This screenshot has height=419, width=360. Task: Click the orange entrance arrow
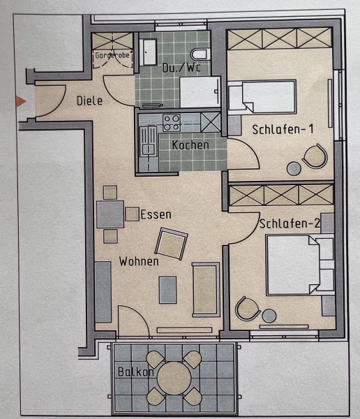21,101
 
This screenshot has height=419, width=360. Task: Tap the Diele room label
89,101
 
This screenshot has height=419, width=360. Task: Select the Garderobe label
112,55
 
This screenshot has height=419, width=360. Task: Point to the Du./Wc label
181,67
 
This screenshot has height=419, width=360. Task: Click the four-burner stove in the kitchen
172,123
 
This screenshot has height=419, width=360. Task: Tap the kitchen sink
149,141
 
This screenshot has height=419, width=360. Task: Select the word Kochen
190,145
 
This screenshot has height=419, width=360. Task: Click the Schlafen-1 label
283,129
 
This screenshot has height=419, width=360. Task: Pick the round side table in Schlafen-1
294,168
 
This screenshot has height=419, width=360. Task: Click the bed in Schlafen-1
262,96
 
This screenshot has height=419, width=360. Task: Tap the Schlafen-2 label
290,223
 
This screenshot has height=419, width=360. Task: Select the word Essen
156,214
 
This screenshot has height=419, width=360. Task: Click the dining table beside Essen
110,214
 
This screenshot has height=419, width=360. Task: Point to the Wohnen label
139,261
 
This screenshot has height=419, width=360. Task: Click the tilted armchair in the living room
171,244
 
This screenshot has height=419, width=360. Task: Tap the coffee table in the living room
167,290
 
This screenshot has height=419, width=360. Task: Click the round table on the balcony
174,378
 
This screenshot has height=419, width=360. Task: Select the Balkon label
136,372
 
